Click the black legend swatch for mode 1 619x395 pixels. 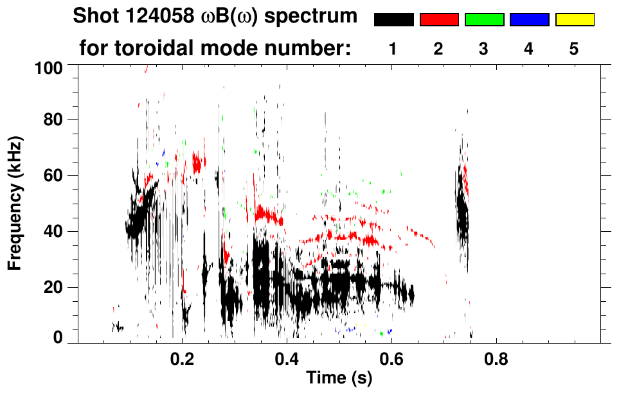394,20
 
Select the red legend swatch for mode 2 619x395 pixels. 439,20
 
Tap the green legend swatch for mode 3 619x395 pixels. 484,20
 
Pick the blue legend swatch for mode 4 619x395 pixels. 529,20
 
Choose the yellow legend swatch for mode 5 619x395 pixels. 574,20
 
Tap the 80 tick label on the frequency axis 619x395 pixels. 53,120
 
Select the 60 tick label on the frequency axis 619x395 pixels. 53,176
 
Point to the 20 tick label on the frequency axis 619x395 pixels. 53,288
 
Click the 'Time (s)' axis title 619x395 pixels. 339,379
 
